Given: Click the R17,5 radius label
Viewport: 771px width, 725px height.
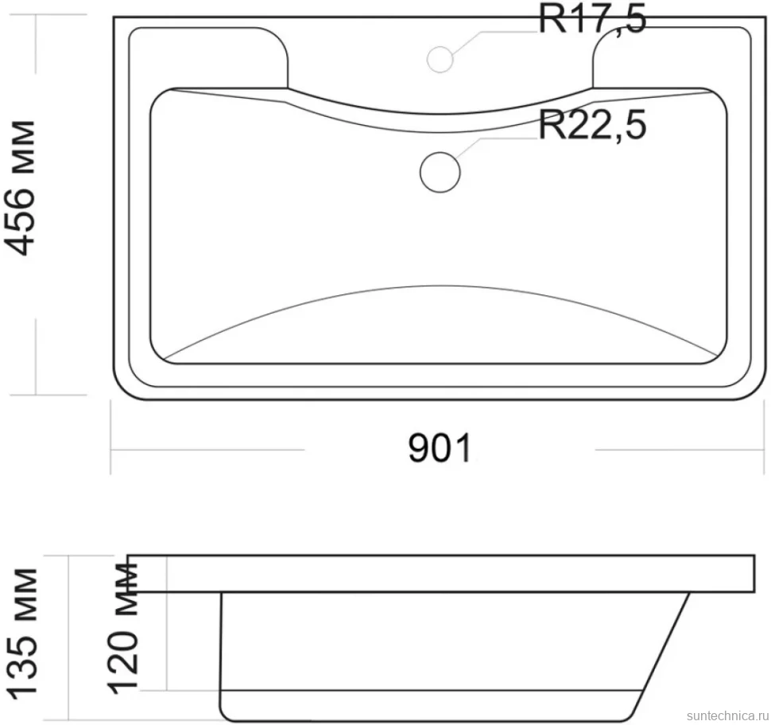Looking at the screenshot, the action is [592, 19].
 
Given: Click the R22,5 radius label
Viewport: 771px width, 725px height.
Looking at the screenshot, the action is [592, 125].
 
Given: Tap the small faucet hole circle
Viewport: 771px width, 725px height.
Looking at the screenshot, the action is [440, 59].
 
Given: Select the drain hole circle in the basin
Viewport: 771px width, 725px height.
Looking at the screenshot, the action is [440, 172].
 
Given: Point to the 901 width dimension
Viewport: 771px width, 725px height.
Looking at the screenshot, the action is [440, 448].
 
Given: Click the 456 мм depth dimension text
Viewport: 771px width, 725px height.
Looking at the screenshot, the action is [21, 188].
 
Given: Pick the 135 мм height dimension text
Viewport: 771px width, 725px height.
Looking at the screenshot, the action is [22, 633].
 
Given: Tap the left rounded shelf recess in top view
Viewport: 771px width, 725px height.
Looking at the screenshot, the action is [287, 57].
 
